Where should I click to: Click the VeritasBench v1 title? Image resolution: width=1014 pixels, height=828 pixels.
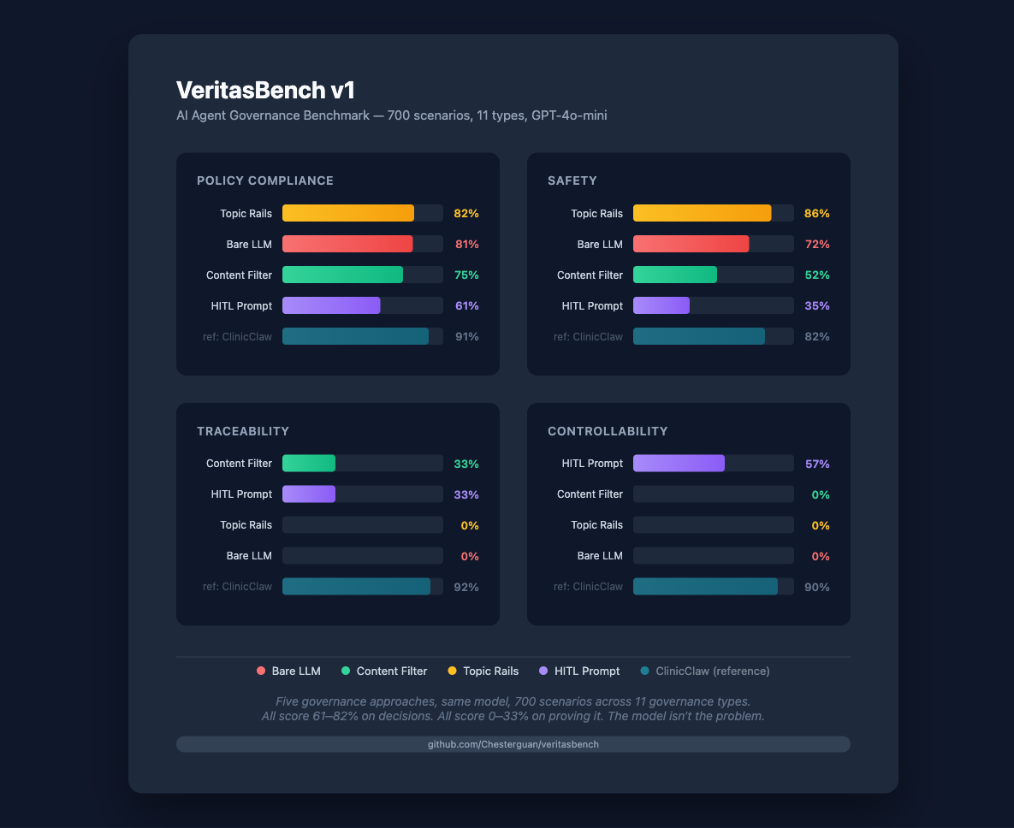(x=265, y=91)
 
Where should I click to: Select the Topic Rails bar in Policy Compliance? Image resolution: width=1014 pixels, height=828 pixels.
(x=348, y=213)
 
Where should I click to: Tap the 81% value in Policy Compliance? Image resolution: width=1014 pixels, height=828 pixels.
(x=466, y=245)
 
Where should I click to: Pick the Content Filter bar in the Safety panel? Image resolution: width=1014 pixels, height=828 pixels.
(x=675, y=275)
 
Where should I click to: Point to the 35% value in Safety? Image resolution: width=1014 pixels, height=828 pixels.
(x=817, y=306)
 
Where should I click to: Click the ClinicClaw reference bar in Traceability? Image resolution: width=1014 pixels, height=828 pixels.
(x=356, y=587)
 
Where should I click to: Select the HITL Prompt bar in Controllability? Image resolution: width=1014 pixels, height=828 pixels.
(x=679, y=464)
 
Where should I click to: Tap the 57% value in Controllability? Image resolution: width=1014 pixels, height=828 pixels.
(x=817, y=464)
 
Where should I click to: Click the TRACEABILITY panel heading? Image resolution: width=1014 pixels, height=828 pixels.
(x=243, y=431)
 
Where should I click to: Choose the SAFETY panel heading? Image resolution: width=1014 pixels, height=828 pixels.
(x=572, y=180)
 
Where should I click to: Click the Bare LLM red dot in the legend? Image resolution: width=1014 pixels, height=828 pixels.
(x=261, y=671)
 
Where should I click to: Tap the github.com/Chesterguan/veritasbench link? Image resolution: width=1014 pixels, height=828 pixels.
(x=513, y=744)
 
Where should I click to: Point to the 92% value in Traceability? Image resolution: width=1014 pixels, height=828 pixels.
(x=466, y=588)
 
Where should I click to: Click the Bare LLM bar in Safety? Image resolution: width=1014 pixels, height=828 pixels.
(x=691, y=244)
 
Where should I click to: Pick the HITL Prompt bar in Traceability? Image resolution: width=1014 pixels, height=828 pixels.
(x=309, y=494)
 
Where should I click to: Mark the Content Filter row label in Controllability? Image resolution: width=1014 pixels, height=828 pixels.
(x=590, y=494)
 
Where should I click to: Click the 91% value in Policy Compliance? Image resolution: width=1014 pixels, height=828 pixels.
(x=466, y=337)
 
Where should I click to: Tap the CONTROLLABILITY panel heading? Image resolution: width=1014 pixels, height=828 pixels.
(x=608, y=431)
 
